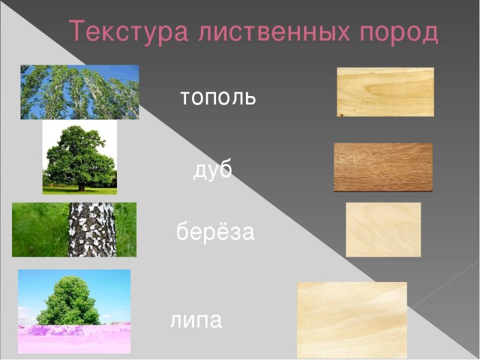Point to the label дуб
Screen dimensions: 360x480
(x=212, y=172)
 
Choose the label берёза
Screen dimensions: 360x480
(x=215, y=232)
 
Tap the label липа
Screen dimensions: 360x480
(x=196, y=320)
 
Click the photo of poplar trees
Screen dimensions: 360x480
(x=80, y=92)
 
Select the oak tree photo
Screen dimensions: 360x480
(x=79, y=157)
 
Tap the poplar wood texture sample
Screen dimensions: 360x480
(x=385, y=92)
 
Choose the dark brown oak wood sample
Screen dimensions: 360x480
(x=383, y=167)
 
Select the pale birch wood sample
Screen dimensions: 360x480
(x=383, y=229)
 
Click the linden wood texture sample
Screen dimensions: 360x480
(x=352, y=320)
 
